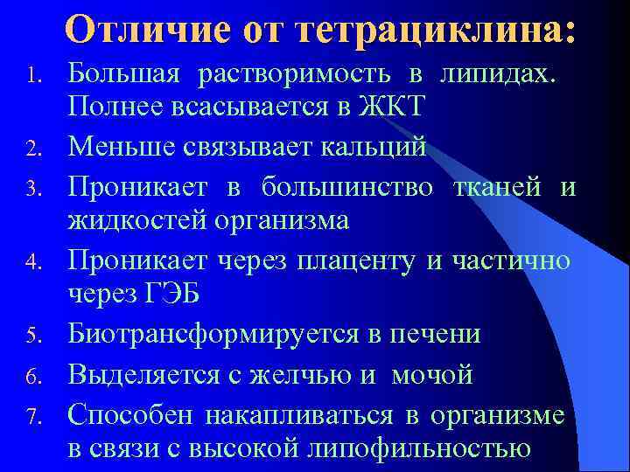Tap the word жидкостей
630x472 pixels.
(137, 222)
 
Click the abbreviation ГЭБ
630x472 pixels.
(171, 295)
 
